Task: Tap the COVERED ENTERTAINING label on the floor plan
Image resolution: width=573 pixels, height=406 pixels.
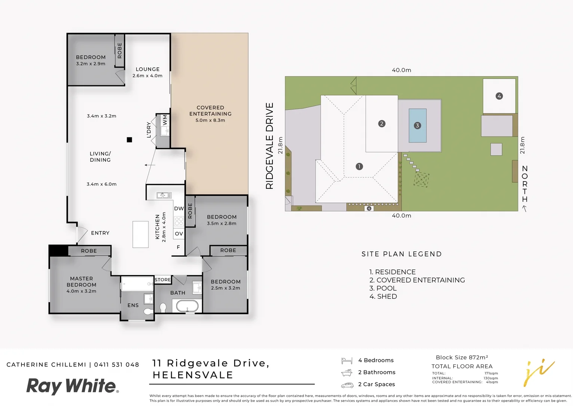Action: tap(210, 111)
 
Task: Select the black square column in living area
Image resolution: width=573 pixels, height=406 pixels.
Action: tap(129, 140)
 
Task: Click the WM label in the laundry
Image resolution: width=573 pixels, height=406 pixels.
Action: tap(165, 120)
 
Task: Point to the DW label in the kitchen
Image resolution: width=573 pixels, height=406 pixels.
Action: tap(179, 209)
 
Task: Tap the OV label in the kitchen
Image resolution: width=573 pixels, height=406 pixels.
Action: tap(179, 233)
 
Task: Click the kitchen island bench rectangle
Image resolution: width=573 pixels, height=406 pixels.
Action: tap(141, 234)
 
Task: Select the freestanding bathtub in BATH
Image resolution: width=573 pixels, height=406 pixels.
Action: tap(187, 306)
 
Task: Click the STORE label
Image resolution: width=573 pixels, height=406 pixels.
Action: tap(163, 280)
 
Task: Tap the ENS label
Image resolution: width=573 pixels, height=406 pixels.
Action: tap(133, 305)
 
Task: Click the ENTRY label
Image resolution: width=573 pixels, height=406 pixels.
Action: tap(100, 233)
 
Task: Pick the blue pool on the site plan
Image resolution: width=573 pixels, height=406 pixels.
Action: tap(417, 126)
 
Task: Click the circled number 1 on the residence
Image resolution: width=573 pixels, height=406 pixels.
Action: tap(359, 166)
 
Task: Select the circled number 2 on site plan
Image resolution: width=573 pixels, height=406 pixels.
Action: tap(382, 124)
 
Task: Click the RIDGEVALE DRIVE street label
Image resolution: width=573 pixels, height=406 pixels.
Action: tap(269, 146)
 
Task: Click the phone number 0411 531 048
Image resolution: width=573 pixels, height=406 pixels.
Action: tap(116, 365)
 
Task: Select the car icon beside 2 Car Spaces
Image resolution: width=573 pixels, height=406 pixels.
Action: tap(347, 385)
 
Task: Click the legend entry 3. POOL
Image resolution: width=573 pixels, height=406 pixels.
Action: tap(383, 288)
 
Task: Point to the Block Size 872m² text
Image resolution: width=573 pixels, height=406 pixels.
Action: tap(462, 358)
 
